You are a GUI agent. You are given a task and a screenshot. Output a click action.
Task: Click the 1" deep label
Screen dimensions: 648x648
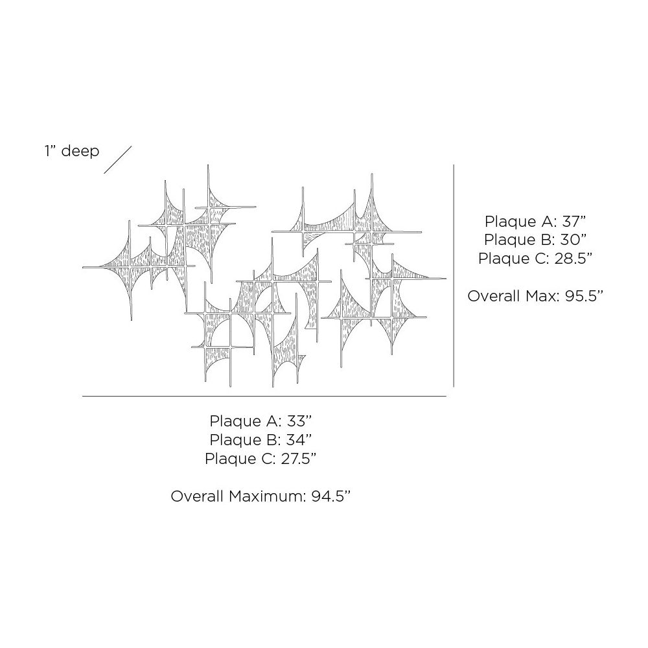tap(72, 151)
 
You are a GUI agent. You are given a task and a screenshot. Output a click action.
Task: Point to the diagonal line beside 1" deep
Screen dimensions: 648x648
tap(117, 159)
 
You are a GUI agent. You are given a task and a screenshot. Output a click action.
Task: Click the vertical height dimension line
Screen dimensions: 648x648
tap(453, 275)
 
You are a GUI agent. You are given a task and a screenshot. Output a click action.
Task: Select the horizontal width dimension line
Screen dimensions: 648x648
tap(264, 396)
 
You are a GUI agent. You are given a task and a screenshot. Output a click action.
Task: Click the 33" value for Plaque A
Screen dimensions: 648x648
tap(296, 422)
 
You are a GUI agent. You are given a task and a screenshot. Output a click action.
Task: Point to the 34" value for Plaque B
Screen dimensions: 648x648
tap(296, 440)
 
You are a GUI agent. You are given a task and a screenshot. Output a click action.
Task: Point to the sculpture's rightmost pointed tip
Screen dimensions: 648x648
tap(445, 279)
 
